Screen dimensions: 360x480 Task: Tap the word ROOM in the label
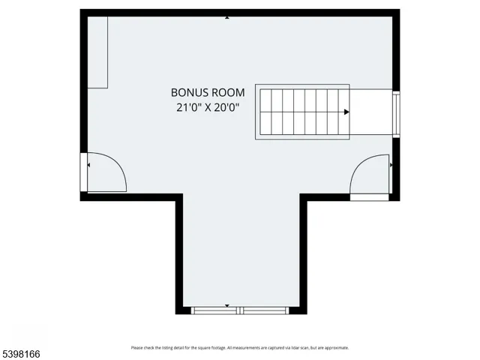(x=224, y=93)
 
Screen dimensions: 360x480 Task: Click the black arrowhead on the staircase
(x=346, y=112)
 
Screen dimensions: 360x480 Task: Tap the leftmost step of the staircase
(x=265, y=112)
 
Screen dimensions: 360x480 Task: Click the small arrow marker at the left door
(x=88, y=165)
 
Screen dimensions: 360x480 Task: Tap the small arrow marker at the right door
(x=391, y=162)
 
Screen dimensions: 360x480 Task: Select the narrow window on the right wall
(x=397, y=112)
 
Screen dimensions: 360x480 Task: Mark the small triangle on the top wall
(x=227, y=16)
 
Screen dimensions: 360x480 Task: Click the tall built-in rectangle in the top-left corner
(x=99, y=52)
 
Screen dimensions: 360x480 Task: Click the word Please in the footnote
(x=136, y=348)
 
